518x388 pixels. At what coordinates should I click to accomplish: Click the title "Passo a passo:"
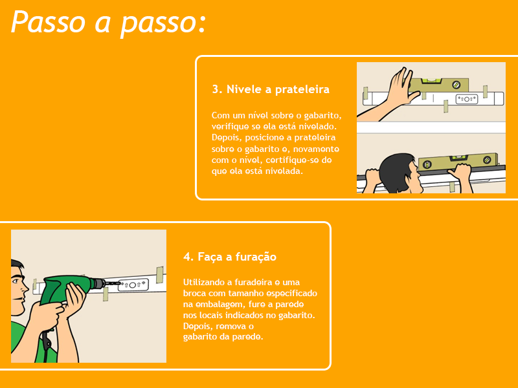pos(108,23)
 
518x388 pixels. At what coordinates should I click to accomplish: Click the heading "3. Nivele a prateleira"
pos(271,89)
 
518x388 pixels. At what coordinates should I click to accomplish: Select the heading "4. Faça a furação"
pos(230,257)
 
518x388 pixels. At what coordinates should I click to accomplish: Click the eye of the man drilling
pos(16,281)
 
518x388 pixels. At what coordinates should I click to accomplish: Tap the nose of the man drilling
pos(26,288)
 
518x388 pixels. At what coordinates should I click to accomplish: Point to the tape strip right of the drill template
pos(160,275)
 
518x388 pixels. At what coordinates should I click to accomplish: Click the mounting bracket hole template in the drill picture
pos(133,285)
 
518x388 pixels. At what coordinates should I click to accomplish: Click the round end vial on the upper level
pos(456,85)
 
